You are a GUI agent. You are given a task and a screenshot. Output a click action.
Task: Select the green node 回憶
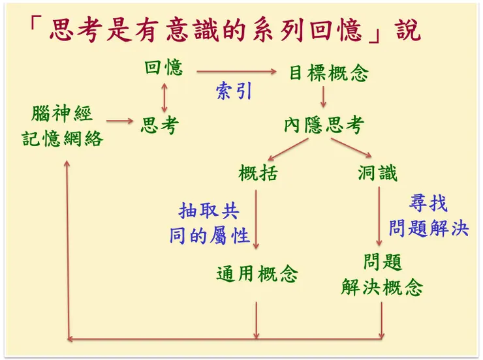[163, 67]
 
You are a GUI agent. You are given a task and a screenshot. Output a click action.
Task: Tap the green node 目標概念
[329, 72]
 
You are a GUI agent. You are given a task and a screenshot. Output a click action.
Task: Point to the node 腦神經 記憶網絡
[63, 126]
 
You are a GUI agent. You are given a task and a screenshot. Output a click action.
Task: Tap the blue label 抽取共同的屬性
[210, 222]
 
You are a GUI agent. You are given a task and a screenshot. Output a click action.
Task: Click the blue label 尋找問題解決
[429, 216]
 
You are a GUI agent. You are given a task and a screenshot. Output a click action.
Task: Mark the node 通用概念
[257, 274]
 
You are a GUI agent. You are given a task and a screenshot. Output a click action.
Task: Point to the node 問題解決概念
[382, 275]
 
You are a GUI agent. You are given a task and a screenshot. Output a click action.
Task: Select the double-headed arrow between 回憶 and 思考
[164, 96]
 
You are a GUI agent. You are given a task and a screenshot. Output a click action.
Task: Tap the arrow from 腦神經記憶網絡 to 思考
[119, 121]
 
